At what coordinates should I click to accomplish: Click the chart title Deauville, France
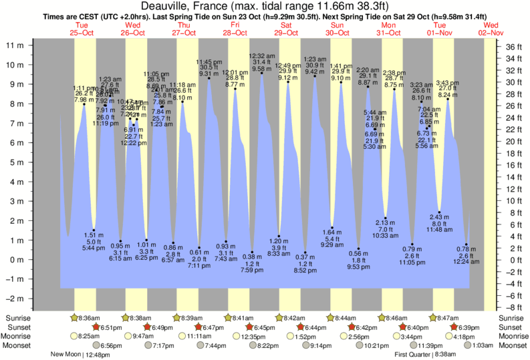click(x=265, y=6)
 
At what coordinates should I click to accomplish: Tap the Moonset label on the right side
click(x=513, y=346)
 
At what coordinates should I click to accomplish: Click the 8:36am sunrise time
click(x=91, y=318)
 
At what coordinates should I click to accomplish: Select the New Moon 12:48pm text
click(x=82, y=355)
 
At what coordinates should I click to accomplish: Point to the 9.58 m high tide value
click(x=261, y=69)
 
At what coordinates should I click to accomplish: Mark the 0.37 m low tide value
click(x=305, y=257)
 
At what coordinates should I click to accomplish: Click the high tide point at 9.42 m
click(x=315, y=76)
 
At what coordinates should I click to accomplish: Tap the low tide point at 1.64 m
click(x=332, y=228)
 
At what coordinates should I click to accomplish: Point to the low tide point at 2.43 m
click(x=439, y=212)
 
